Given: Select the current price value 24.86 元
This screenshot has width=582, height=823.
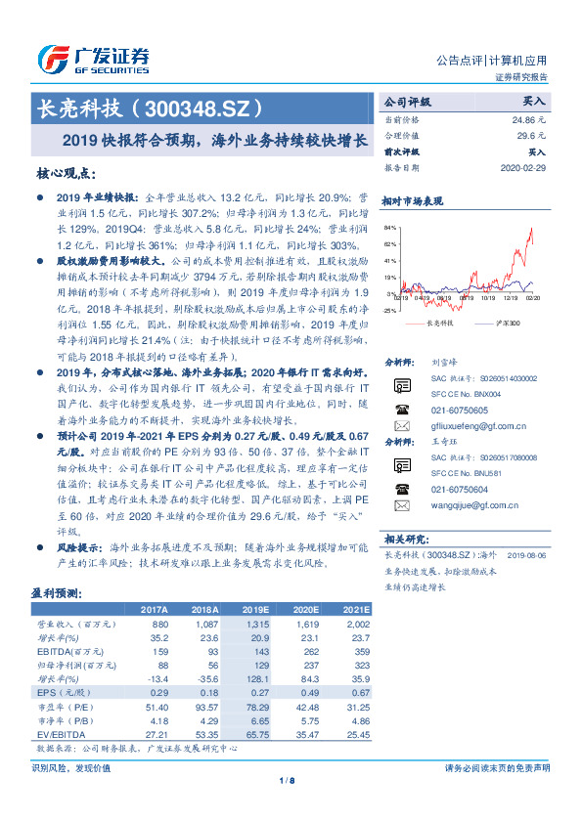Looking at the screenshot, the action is [529, 118].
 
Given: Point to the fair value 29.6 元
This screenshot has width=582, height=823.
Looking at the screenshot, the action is [532, 135].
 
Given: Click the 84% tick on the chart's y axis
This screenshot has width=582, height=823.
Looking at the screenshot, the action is [389, 227].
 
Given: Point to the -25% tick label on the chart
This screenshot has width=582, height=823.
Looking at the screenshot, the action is [388, 310].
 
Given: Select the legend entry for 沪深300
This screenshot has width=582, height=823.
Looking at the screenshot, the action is [505, 322].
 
